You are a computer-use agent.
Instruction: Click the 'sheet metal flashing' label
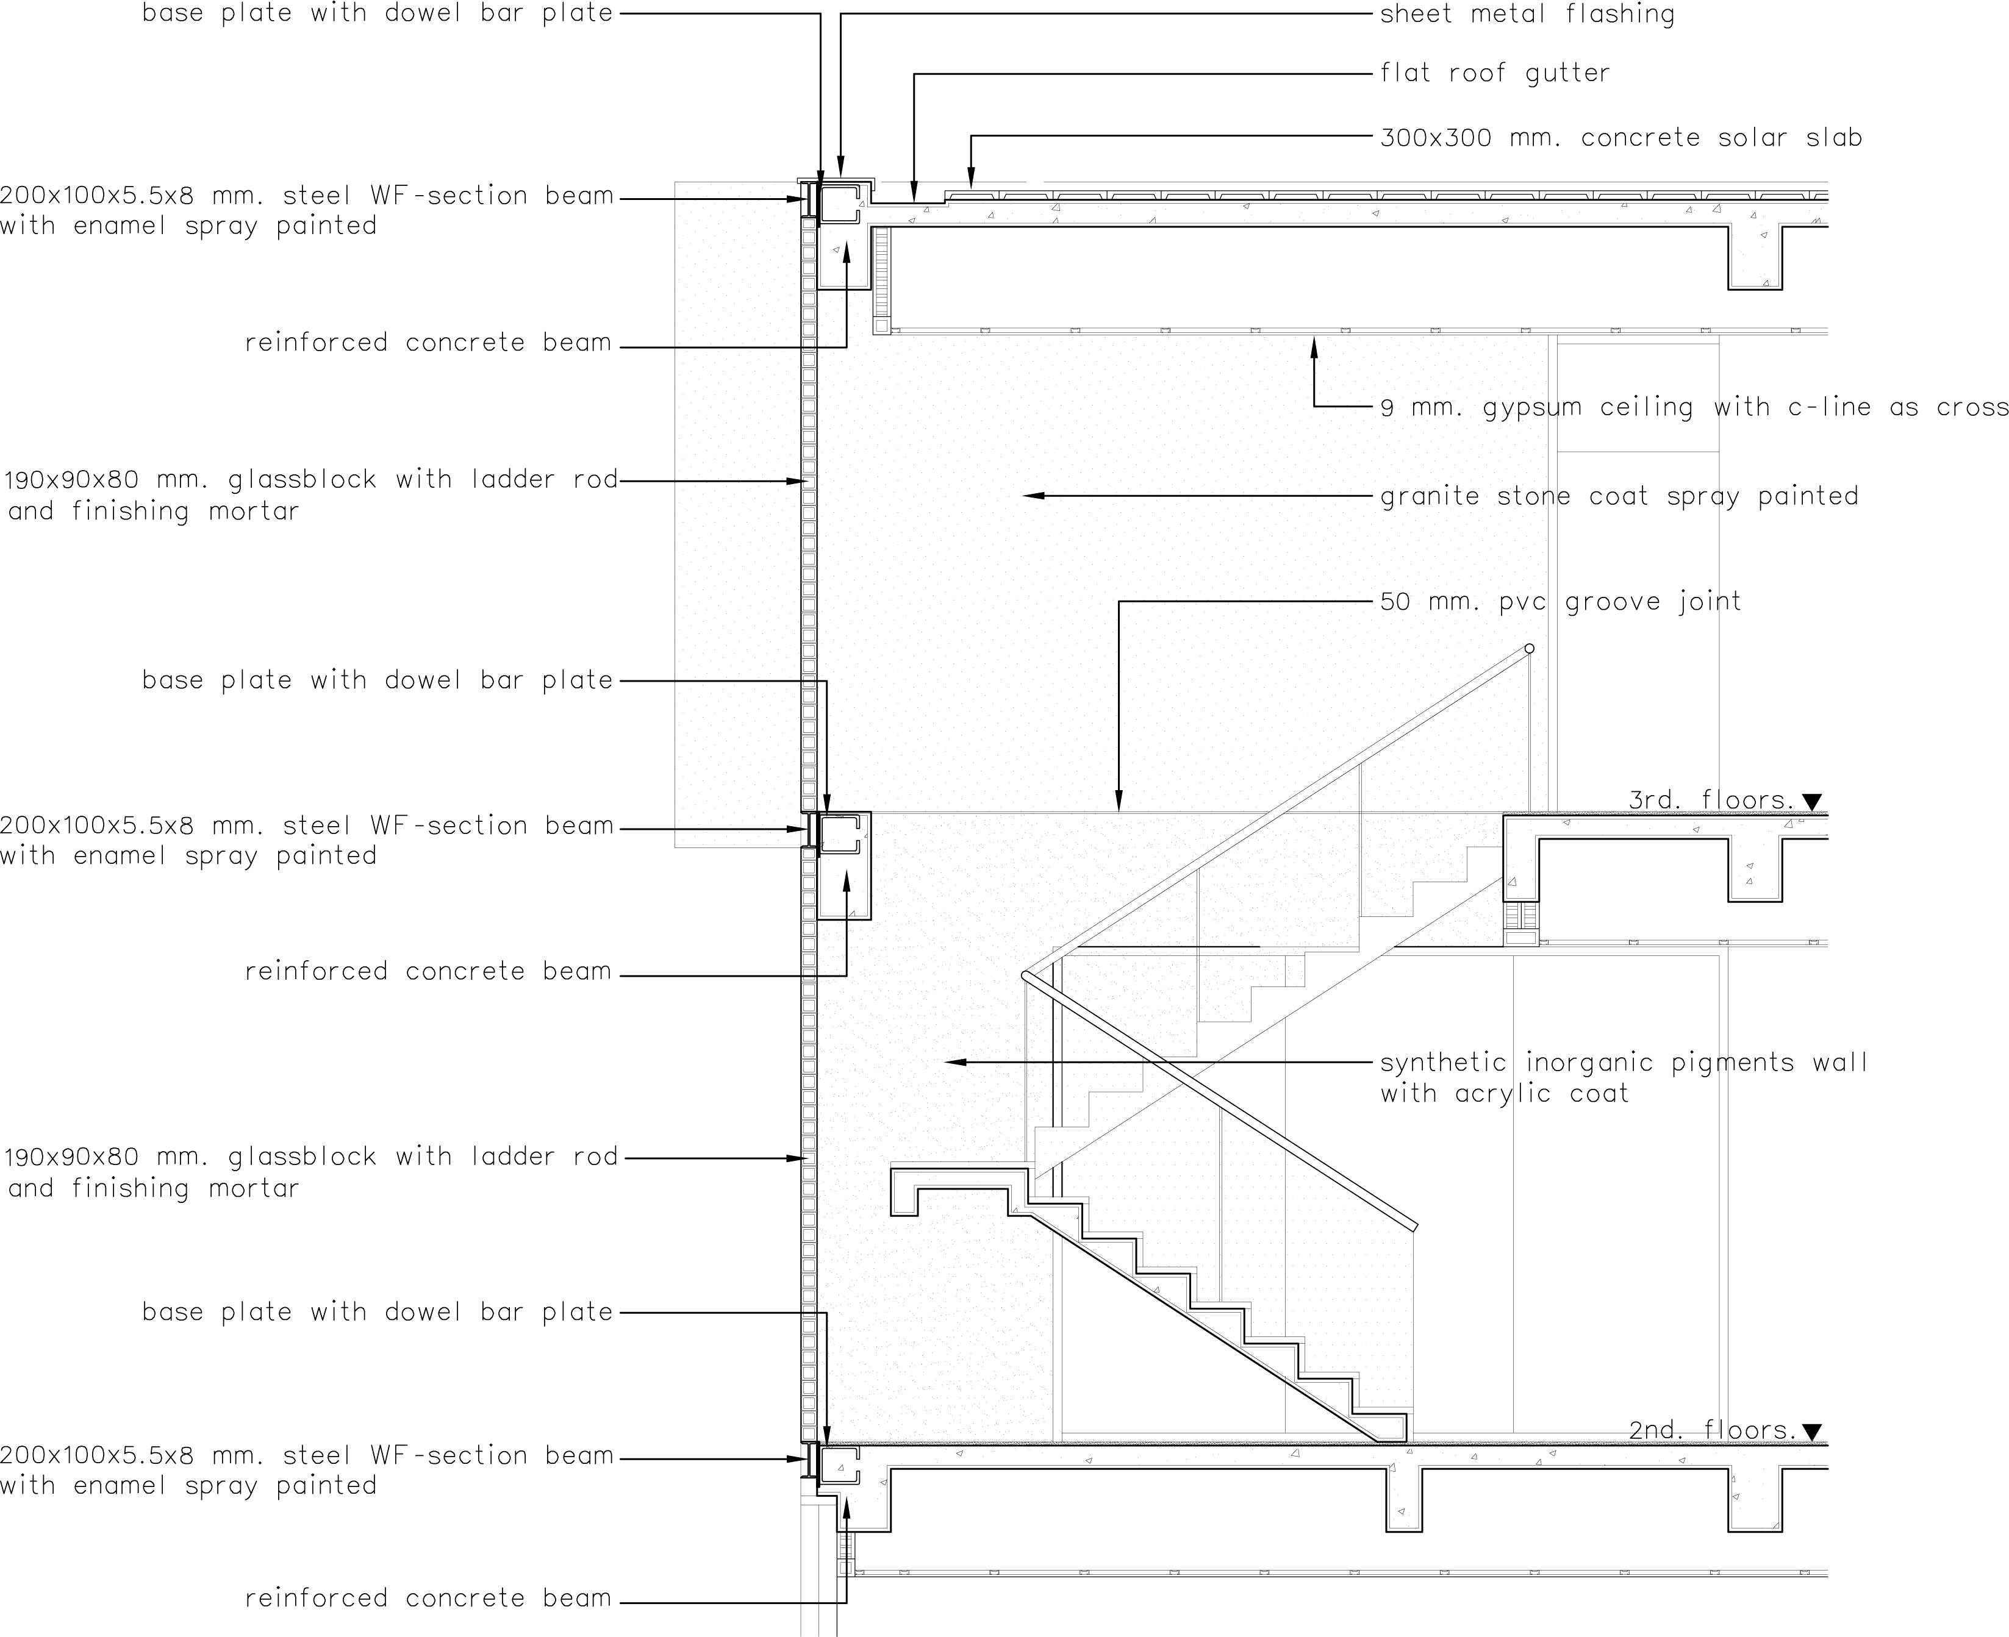pos(1527,14)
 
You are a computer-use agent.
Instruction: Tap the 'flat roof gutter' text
pos(1495,73)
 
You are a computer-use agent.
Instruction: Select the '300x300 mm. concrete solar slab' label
pos(1620,138)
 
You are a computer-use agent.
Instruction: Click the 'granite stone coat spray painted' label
pos(1619,496)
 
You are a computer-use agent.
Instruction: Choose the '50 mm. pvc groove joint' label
pos(1560,602)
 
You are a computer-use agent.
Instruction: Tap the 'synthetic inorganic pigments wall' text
pos(1623,1063)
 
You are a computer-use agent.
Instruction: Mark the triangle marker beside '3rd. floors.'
pos(1812,802)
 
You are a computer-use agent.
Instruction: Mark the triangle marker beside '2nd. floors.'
pos(1812,1432)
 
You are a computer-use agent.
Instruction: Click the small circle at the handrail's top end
pos(1529,649)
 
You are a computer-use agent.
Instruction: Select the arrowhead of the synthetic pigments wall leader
pos(951,1062)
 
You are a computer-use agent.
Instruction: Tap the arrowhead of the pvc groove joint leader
pos(1119,807)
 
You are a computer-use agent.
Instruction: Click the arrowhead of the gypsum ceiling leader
pos(1314,341)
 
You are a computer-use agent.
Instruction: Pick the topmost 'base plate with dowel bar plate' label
pos(378,14)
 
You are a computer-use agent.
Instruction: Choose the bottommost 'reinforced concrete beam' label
pos(428,1599)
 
